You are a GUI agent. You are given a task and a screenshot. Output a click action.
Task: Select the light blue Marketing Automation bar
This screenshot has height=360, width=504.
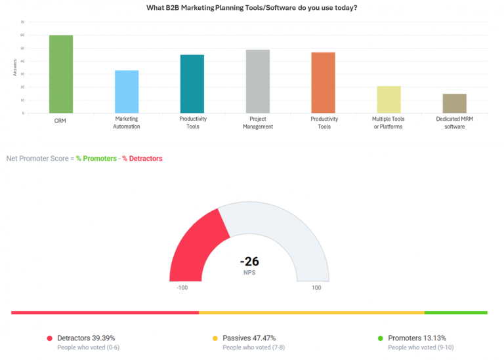point(127,92)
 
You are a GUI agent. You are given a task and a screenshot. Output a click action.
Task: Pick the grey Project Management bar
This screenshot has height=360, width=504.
point(258,81)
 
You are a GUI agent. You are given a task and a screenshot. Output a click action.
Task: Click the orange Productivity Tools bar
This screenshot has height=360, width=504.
point(324,83)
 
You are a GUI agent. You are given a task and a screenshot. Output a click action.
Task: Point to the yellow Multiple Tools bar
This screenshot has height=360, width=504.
point(389,100)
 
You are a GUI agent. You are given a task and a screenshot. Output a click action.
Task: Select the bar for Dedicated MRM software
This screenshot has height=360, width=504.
point(455,104)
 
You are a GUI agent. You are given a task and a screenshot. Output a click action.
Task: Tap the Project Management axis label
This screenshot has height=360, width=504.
point(258,123)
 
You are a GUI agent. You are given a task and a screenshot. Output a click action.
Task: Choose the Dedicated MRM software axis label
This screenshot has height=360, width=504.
point(455,123)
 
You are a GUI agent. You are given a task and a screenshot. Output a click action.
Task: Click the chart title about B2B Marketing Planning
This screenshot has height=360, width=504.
point(252,8)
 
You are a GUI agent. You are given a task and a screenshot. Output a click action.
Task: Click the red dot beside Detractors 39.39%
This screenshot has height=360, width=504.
point(49,338)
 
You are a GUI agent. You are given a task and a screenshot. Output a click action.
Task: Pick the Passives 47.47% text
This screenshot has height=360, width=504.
point(246,338)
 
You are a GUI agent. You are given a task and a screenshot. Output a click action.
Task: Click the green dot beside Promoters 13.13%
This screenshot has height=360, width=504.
point(380,338)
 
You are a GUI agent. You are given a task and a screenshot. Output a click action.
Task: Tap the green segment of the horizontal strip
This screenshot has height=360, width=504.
point(455,313)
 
